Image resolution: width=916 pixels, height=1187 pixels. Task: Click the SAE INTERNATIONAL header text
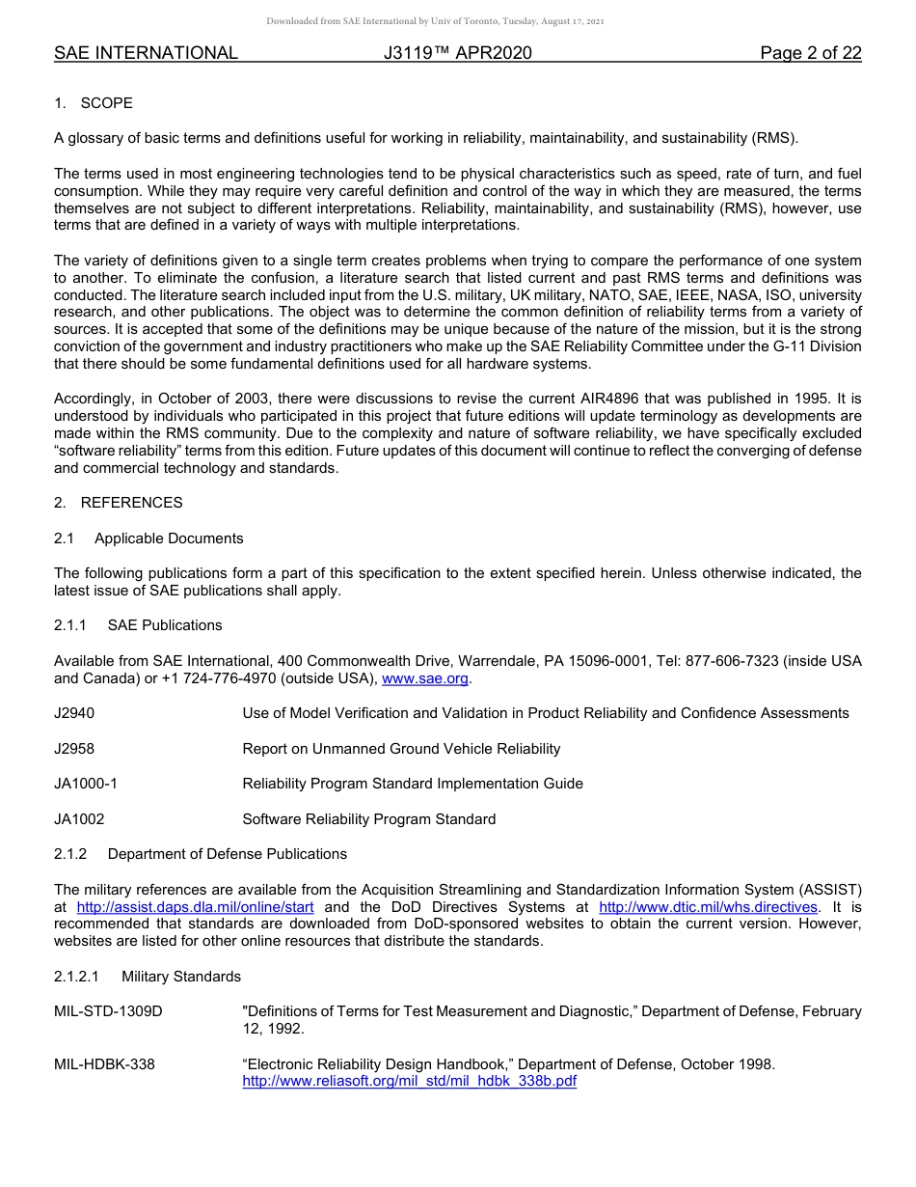pos(146,53)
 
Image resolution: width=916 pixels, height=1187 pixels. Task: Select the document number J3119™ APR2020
pos(457,53)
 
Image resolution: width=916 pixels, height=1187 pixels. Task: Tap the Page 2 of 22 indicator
pos(810,53)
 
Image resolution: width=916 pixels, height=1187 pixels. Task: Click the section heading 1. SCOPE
pos(94,103)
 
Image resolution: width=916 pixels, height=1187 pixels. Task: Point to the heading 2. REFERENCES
pos(118,503)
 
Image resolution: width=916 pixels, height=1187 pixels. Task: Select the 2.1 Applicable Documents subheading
pos(148,538)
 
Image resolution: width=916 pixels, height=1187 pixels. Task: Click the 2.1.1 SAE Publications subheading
pos(138,625)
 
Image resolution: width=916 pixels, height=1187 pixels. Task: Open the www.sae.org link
pos(425,678)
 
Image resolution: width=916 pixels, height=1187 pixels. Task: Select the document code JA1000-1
pos(86,784)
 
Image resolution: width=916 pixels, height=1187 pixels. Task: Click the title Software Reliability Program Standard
pos(369,819)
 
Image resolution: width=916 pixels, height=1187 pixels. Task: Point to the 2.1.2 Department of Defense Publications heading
pos(201,854)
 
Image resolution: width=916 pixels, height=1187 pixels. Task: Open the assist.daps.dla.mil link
pos(195,907)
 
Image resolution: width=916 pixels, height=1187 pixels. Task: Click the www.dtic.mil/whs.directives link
pos(709,907)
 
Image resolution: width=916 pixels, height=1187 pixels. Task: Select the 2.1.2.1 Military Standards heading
pos(148,977)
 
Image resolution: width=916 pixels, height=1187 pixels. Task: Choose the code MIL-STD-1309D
pos(108,1011)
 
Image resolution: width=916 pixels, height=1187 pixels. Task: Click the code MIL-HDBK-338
pos(104,1064)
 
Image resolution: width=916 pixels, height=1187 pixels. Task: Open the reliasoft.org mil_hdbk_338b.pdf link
pos(409,1081)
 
